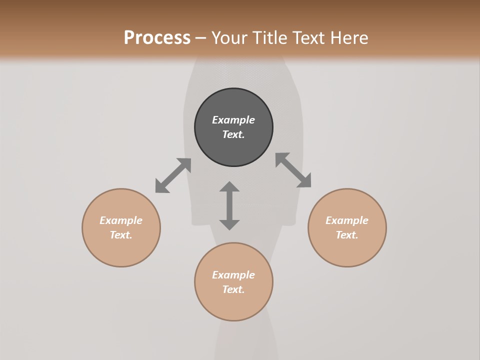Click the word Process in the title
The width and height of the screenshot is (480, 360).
pos(157,37)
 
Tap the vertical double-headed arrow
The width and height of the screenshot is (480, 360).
pos(229,205)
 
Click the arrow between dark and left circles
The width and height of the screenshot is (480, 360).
pos(173,175)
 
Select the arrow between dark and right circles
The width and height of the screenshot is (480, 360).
pos(293,170)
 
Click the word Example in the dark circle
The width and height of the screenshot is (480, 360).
pos(233,120)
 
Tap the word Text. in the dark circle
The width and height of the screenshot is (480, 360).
pos(233,134)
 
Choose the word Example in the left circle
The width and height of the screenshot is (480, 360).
pos(121,220)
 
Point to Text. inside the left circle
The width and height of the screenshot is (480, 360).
pos(121,235)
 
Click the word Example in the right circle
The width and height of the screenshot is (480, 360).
pos(347,220)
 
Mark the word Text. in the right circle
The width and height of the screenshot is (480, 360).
pos(347,235)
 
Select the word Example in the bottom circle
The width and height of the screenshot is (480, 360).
pos(233,275)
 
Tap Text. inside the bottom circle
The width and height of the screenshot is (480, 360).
pos(233,289)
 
